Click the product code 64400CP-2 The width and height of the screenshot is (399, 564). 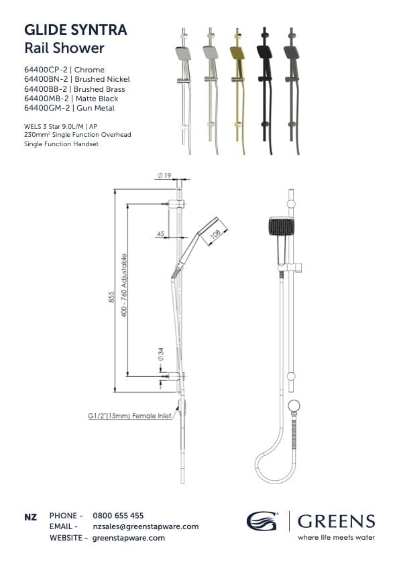pyautogui.click(x=46, y=70)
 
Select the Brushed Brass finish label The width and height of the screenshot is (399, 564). pyautogui.click(x=99, y=89)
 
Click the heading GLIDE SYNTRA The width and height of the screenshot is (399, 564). pyautogui.click(x=75, y=30)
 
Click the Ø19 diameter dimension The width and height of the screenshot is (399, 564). pyautogui.click(x=164, y=176)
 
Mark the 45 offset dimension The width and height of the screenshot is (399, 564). pyautogui.click(x=160, y=233)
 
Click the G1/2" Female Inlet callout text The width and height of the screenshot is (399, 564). pyautogui.click(x=129, y=416)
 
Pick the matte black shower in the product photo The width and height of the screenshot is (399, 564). pyautogui.click(x=264, y=91)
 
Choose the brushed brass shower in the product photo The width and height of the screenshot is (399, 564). pyautogui.click(x=237, y=91)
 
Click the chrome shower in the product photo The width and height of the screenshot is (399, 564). pyautogui.click(x=184, y=91)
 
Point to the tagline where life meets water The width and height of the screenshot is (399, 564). pyautogui.click(x=336, y=537)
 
